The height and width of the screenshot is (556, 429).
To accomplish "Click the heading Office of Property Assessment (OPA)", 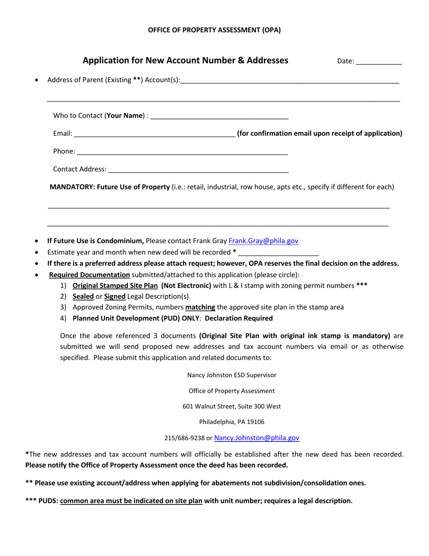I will [x=214, y=30].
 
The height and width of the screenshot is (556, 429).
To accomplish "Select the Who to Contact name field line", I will [x=219, y=117].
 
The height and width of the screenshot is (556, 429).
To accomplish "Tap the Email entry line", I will [x=154, y=134].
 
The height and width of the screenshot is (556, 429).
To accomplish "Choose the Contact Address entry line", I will [x=198, y=170].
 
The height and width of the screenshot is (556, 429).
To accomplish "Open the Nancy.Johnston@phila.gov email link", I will [x=256, y=438].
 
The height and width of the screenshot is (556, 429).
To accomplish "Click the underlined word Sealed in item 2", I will [x=83, y=297].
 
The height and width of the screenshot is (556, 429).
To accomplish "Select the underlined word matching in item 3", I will [x=200, y=307].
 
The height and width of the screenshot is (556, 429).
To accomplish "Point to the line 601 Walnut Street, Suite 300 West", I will [x=232, y=406].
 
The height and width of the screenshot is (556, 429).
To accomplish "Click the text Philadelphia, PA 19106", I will [x=232, y=422].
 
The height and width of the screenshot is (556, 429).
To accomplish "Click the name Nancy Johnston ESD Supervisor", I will [x=232, y=375].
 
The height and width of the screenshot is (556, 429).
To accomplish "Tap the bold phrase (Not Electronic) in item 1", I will [x=186, y=285].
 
